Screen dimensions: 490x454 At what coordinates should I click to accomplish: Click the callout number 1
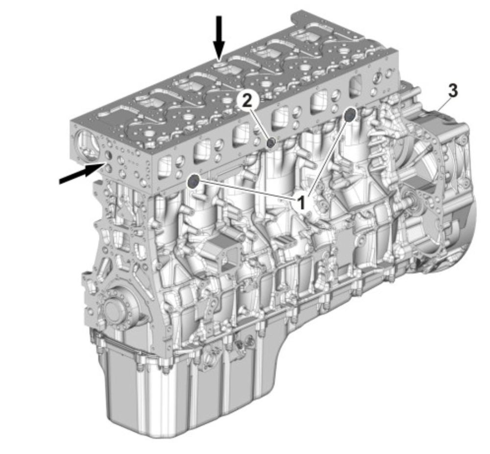coord(301,203)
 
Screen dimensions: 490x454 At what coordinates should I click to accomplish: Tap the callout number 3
coord(453,90)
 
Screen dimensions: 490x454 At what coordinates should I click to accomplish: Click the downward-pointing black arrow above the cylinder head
coord(220,38)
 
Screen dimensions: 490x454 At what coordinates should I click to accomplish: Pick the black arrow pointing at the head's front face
coord(81,173)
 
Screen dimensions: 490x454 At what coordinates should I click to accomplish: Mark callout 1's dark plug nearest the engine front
coord(194,181)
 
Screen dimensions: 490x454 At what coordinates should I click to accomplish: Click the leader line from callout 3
coord(444,103)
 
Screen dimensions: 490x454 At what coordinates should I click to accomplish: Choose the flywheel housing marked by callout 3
coord(438,188)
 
